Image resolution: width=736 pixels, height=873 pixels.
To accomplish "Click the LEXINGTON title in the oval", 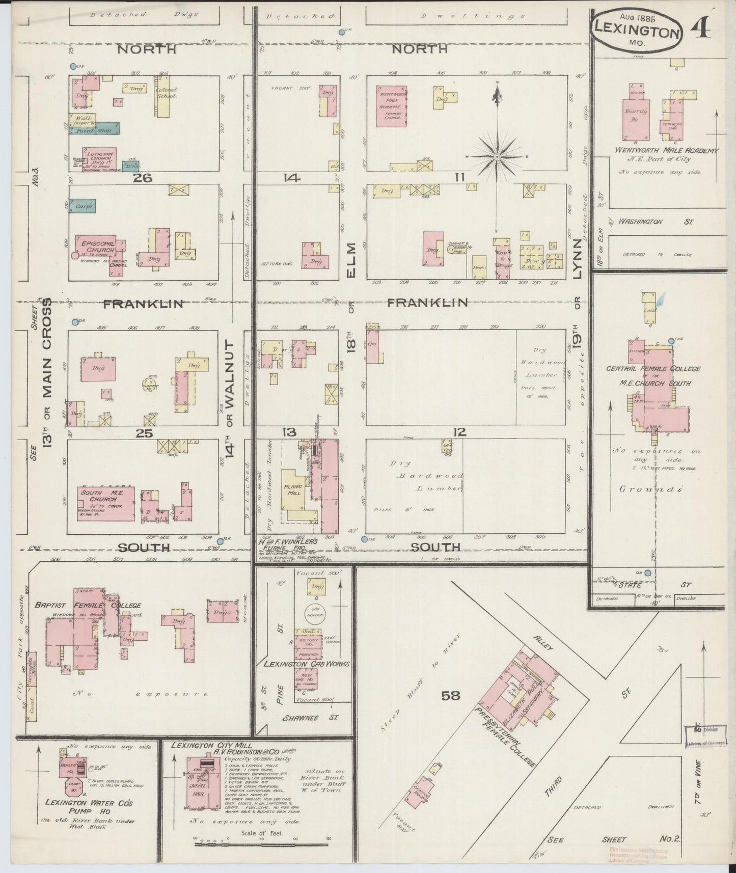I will [x=637, y=33].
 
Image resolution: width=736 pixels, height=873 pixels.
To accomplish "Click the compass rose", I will [x=497, y=155].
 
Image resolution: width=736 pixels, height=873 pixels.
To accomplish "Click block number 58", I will [x=450, y=695].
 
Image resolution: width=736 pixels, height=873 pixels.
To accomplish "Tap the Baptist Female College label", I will [x=88, y=606].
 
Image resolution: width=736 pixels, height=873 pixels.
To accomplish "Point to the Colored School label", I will [x=166, y=93].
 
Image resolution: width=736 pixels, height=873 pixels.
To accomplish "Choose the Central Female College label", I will [x=653, y=369].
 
